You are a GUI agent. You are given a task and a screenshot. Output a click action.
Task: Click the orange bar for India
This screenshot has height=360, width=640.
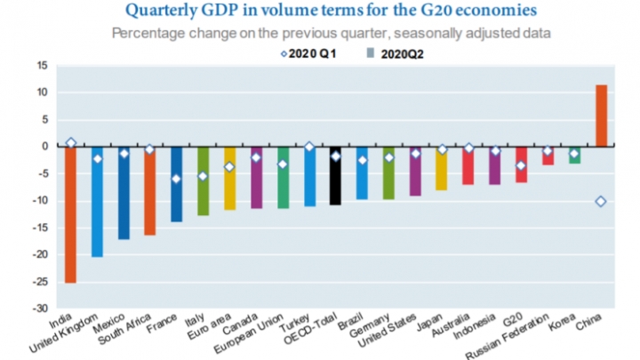click(70, 213)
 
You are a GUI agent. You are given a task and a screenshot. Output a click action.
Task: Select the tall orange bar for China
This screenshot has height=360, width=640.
click(601, 116)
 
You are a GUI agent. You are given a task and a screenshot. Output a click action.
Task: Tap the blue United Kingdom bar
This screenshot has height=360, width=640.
click(97, 201)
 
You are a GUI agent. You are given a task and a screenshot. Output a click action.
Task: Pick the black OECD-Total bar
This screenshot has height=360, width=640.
click(336, 175)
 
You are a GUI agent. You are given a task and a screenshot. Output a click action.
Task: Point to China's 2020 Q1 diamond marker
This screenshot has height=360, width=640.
click(601, 202)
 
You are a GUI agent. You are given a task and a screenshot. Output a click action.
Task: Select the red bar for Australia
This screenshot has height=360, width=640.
click(468, 165)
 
